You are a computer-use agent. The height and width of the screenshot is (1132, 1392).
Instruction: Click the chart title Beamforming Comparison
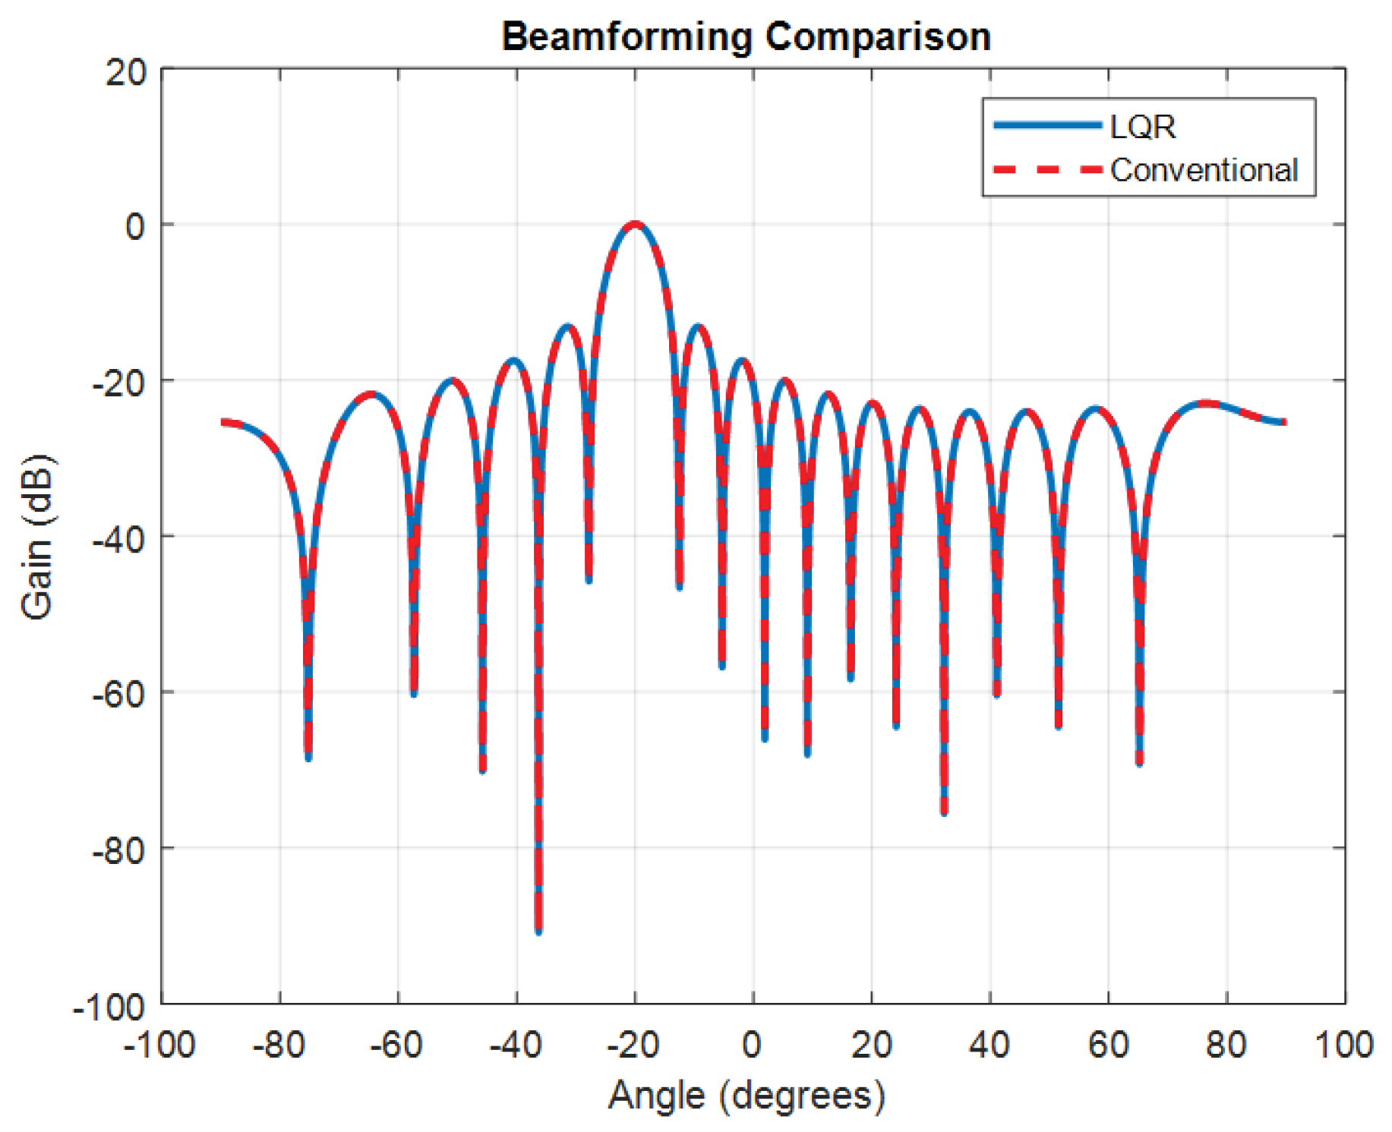click(x=747, y=36)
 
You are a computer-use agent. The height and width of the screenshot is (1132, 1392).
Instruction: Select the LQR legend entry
click(x=1084, y=126)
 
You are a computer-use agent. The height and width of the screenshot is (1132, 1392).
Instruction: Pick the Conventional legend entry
click(x=1145, y=170)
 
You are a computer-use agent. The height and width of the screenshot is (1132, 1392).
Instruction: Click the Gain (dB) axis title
click(x=37, y=536)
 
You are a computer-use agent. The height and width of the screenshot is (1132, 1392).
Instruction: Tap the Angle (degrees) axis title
click(x=747, y=1096)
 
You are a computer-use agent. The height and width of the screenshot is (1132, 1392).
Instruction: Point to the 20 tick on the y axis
click(x=127, y=73)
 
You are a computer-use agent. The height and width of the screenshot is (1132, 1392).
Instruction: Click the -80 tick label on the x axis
click(x=279, y=1045)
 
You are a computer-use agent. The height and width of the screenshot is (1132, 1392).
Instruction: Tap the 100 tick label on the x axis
click(x=1344, y=1045)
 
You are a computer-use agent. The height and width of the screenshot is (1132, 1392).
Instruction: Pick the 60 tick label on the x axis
click(x=1108, y=1045)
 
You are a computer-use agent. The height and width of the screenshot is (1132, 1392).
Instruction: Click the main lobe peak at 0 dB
click(x=635, y=224)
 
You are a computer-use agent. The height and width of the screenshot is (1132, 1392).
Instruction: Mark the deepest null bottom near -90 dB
click(x=538, y=931)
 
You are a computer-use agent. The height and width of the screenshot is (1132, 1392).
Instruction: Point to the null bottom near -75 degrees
click(x=308, y=758)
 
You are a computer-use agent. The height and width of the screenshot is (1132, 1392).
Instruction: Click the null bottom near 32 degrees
click(x=944, y=813)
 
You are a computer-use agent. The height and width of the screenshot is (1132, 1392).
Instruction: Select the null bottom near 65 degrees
click(x=1139, y=764)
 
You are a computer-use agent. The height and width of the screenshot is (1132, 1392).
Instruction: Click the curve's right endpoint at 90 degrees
click(x=1285, y=422)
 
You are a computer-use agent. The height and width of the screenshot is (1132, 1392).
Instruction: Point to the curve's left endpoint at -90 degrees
click(x=222, y=421)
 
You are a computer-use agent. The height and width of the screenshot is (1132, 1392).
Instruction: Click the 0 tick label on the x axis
click(x=752, y=1045)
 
